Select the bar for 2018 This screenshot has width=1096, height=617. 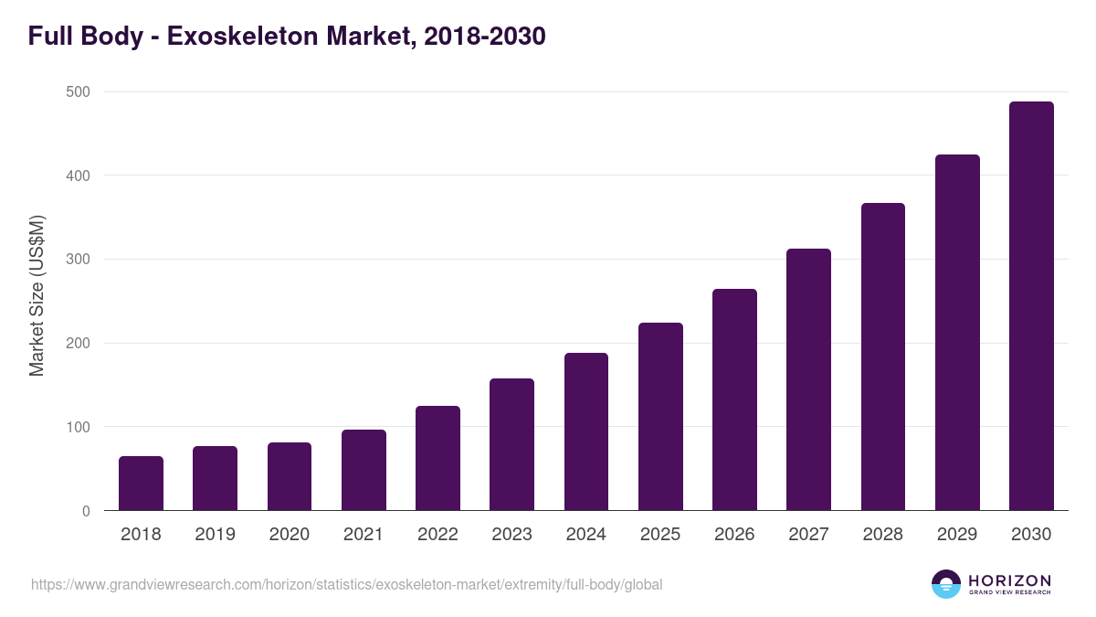[141, 484]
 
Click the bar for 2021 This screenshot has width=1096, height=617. [364, 470]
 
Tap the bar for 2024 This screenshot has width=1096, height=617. [586, 431]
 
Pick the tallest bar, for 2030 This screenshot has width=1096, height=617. [1031, 306]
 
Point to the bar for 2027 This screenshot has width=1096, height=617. [808, 379]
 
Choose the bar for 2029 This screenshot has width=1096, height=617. [957, 333]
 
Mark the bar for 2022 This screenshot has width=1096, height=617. [437, 458]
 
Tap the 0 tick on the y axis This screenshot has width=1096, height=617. [85, 511]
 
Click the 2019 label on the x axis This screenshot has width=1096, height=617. [215, 535]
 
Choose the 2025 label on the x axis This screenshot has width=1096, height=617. [660, 535]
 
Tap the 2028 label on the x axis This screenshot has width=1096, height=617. [883, 535]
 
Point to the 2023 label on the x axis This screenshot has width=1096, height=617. [511, 535]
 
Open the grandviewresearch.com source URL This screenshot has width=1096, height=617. [346, 585]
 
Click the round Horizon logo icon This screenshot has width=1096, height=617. [945, 584]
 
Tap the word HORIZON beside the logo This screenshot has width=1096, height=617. [1009, 580]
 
